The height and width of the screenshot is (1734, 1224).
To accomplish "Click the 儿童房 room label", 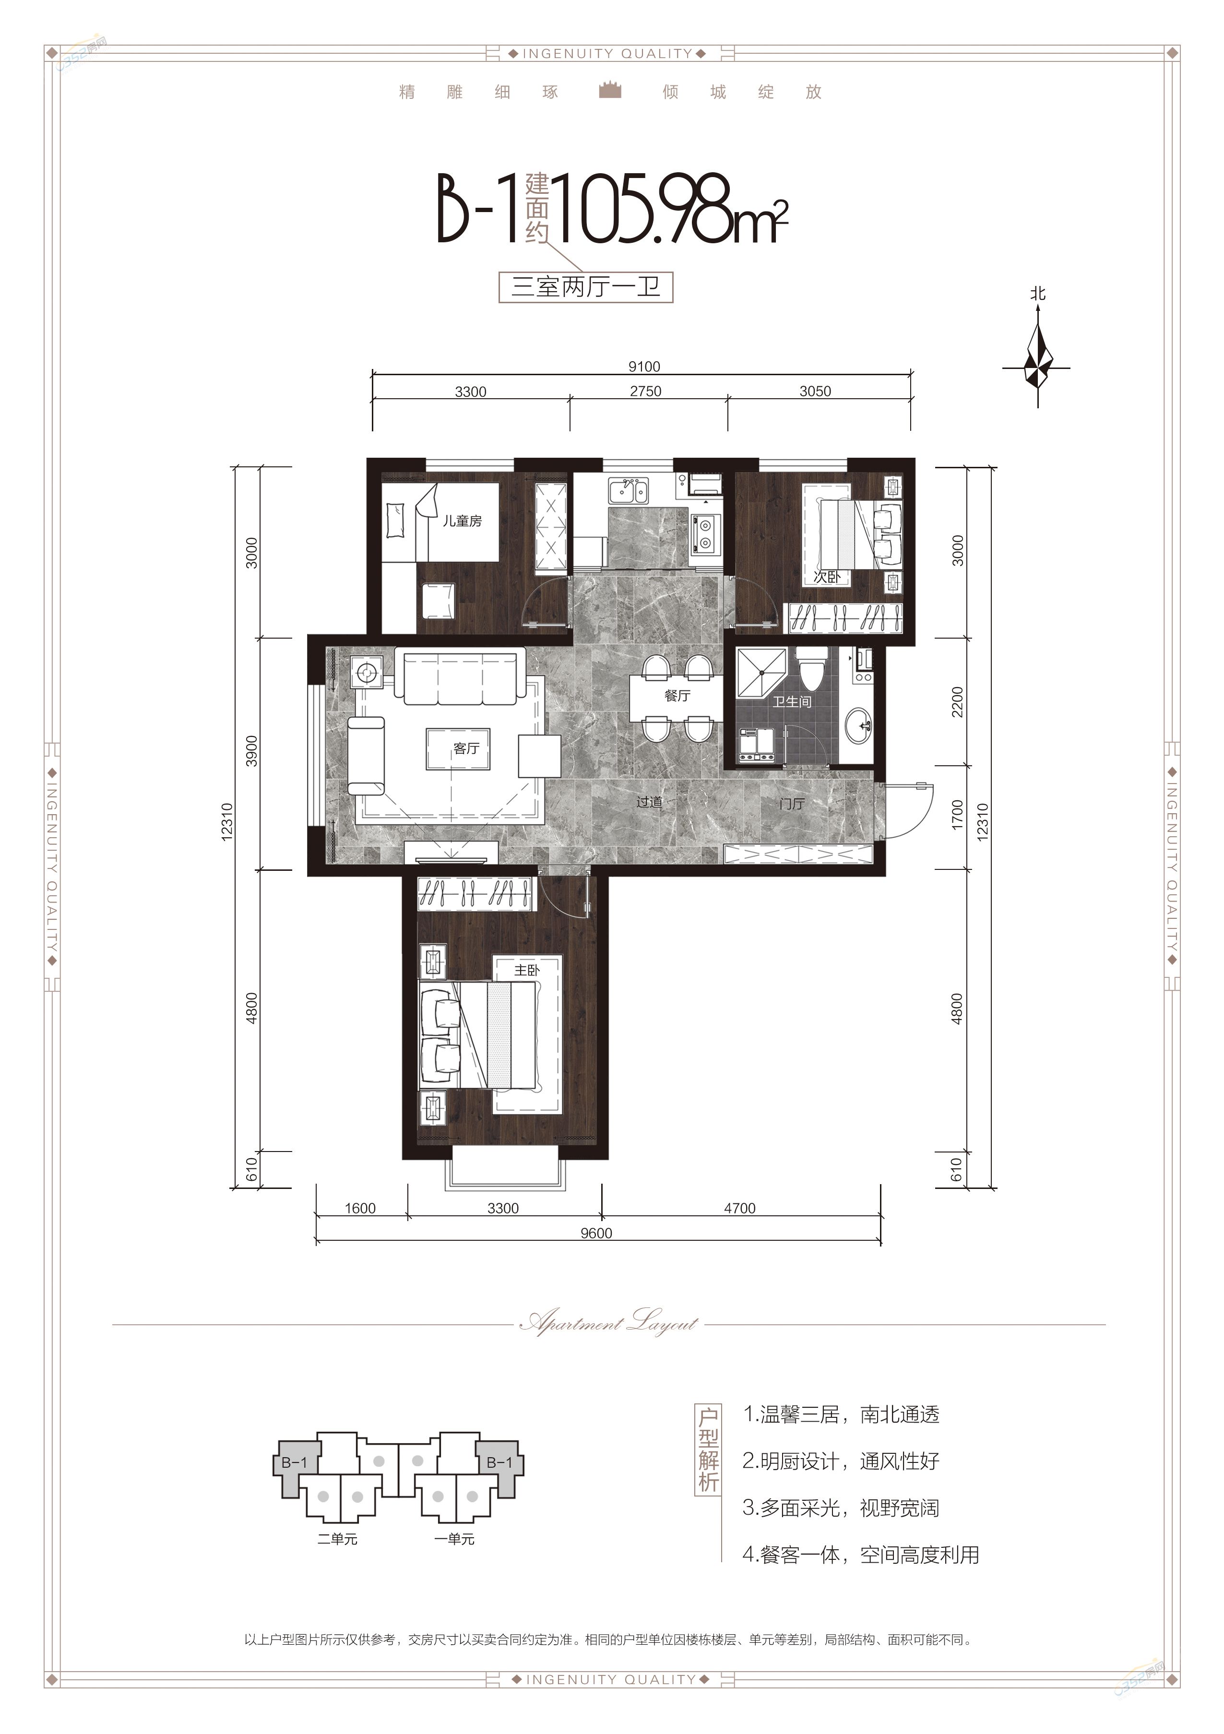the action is (462, 521).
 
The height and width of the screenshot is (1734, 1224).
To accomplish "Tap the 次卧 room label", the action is (827, 577).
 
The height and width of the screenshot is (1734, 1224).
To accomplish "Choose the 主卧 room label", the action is (526, 971).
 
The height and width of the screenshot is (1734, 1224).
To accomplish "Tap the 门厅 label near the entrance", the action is (792, 804).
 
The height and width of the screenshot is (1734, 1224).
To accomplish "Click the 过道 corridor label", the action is (649, 802).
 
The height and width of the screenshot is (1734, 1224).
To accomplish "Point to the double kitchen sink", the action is (628, 490).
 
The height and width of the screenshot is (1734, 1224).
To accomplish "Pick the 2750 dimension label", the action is (646, 391).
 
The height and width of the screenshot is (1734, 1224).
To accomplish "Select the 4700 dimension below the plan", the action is (740, 1208).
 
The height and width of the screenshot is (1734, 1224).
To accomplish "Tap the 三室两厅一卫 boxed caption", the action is (585, 288).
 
